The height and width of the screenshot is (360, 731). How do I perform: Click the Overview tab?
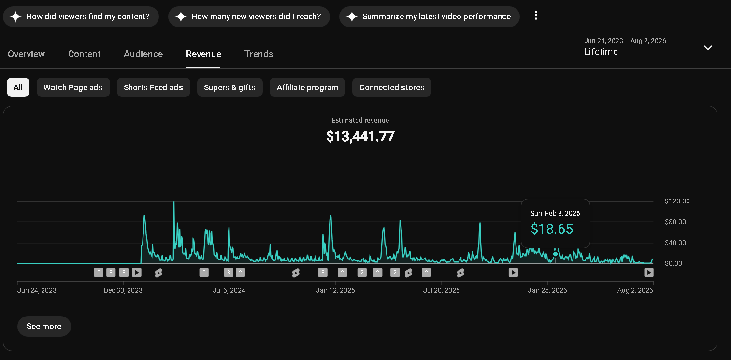[27, 54]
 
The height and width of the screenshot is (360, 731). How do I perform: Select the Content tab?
[84, 54]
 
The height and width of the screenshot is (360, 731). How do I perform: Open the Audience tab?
[143, 54]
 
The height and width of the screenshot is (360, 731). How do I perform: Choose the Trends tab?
[259, 54]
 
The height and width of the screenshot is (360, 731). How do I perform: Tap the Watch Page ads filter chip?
[73, 87]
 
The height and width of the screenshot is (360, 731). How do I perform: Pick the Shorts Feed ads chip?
[153, 87]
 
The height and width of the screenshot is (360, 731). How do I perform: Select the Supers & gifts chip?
[230, 87]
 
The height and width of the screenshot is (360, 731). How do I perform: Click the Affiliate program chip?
[307, 87]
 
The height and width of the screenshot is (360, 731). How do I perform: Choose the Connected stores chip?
[392, 87]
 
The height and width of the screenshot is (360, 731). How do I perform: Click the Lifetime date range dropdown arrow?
[708, 48]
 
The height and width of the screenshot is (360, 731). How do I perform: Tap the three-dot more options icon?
[536, 15]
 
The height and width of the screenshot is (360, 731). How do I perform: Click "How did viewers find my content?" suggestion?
[81, 16]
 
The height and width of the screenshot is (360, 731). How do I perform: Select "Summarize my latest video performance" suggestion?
[430, 16]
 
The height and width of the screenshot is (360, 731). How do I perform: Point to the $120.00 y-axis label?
[677, 201]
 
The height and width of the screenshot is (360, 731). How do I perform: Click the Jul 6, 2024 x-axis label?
[229, 290]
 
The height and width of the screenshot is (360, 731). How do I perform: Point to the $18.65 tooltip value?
[552, 229]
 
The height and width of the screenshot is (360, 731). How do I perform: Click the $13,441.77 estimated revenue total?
[360, 136]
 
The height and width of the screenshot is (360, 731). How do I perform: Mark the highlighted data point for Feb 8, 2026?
[556, 254]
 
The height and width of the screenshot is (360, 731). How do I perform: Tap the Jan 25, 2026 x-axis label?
[547, 290]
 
